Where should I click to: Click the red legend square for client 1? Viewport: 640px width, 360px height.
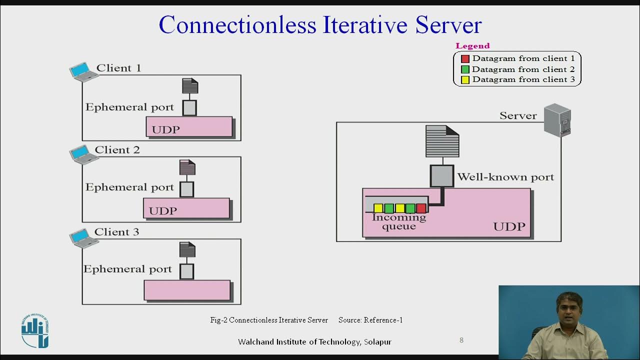click(465, 59)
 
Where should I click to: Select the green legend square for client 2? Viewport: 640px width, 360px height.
click(465, 69)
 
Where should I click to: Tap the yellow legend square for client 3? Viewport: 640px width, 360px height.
click(465, 80)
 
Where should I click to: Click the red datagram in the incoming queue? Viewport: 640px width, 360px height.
click(421, 208)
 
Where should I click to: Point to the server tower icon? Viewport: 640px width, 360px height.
click(557, 119)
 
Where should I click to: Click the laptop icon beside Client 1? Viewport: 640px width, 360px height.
click(83, 72)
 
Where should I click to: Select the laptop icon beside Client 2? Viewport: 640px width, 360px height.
click(83, 154)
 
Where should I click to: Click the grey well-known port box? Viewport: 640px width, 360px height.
click(442, 176)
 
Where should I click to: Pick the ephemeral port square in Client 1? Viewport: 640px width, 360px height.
click(189, 107)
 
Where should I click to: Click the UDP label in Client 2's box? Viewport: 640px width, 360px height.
click(163, 210)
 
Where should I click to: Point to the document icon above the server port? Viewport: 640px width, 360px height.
click(442, 141)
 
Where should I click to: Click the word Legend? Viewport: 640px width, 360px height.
click(472, 46)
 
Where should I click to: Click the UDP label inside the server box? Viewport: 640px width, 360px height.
click(509, 226)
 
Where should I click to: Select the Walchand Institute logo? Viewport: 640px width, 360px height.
click(35, 331)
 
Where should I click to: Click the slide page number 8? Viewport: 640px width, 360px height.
click(461, 340)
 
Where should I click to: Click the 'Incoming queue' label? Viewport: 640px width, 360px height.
click(399, 221)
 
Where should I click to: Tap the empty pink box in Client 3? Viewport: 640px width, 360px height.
click(187, 290)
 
